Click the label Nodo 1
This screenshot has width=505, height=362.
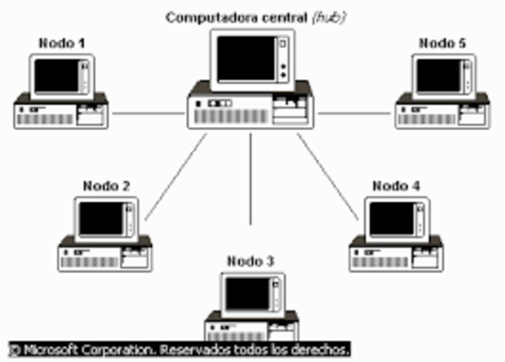pos(62,43)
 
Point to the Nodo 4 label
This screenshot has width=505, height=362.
pos(396,186)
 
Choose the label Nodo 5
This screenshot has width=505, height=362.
pos(442,43)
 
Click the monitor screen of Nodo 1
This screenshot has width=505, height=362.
pos(57,76)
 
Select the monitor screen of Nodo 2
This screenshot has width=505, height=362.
pos(102,218)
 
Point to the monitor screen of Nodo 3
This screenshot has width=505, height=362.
pos(246,294)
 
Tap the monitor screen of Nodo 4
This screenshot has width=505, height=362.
pos(392,218)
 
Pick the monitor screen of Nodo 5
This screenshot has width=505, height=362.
pos(438,76)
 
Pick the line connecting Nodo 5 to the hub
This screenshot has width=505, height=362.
pos(355,112)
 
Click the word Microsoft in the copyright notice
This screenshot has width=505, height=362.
pos(50,349)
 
